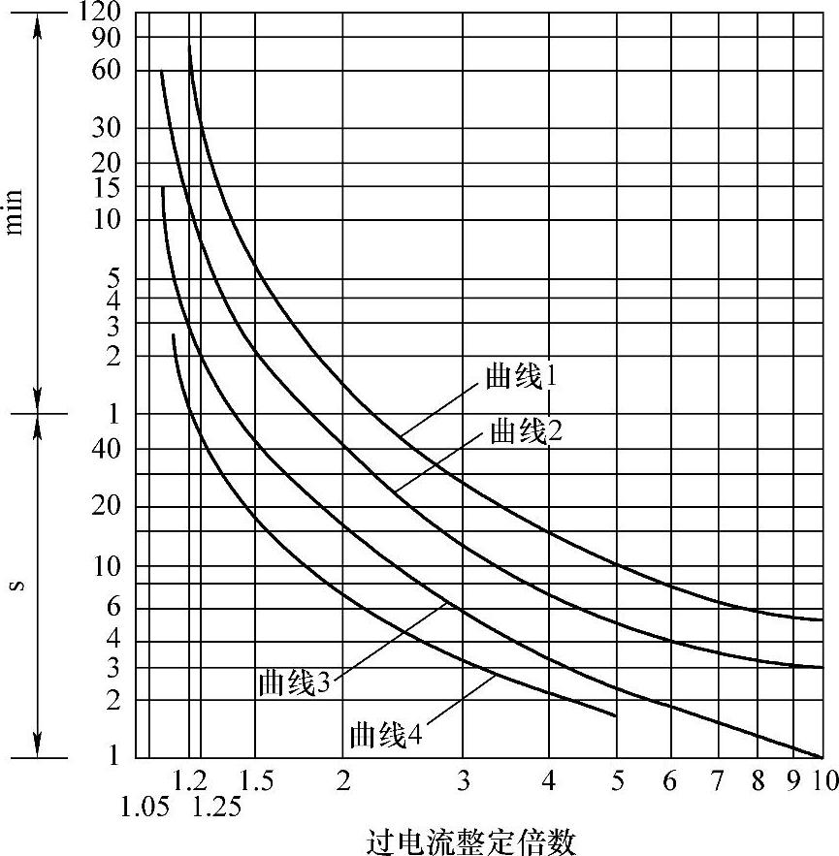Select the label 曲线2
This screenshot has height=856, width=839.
coord(527,431)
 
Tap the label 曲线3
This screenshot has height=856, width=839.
coord(295,682)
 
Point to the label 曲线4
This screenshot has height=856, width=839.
coord(386,734)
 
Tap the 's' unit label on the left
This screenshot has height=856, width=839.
coord(16,586)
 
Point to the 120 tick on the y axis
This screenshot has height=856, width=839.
coord(99,13)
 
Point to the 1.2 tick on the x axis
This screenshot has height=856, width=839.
coord(190,779)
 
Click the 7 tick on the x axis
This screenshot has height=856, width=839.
coord(717,779)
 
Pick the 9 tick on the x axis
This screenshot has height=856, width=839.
coord(793,779)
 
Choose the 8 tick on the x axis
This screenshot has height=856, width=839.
coord(759,779)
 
